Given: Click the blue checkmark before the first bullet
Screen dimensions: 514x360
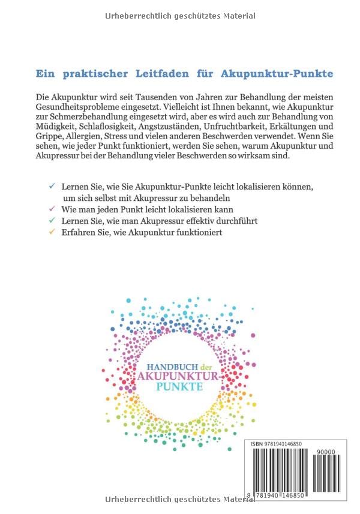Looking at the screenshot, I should tap(53, 187).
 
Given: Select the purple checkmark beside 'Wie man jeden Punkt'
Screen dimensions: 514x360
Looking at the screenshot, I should tap(53, 209).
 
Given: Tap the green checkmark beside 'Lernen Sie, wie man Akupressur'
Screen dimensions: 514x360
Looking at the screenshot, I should tap(53, 220).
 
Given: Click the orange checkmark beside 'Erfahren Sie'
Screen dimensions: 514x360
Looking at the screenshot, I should tap(53, 232).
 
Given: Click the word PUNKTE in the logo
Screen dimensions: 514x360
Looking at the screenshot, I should tap(179, 387).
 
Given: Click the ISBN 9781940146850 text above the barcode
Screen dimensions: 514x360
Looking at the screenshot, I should tap(276, 443).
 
